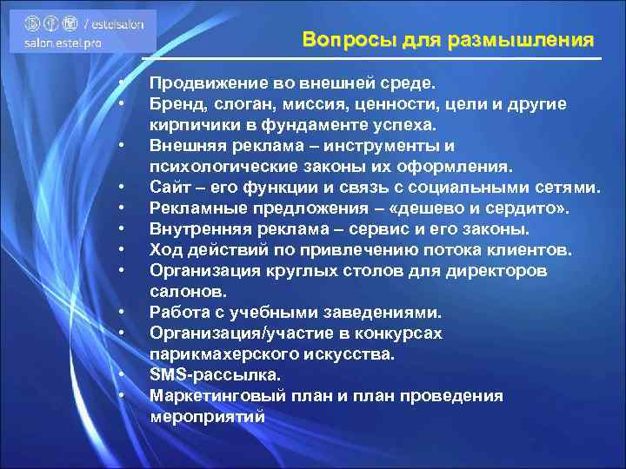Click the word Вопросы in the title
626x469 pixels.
[x=338, y=41]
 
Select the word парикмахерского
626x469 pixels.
[x=221, y=354]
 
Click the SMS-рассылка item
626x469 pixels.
[x=215, y=375]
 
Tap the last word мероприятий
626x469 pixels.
[x=207, y=417]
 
